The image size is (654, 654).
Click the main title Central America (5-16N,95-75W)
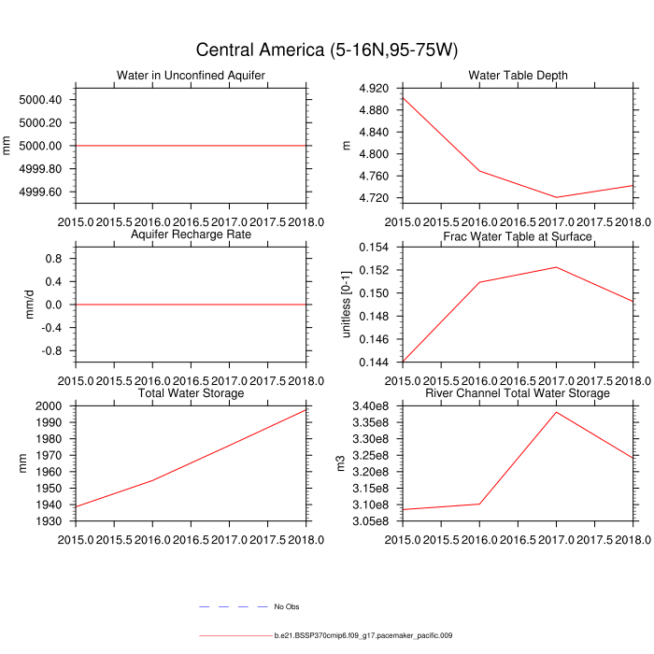click(x=326, y=50)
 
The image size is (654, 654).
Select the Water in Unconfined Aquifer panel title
click(x=191, y=76)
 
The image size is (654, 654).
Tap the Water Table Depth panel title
click(x=519, y=76)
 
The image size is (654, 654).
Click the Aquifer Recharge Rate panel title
click(x=191, y=235)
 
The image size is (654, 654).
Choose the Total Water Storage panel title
click(x=191, y=393)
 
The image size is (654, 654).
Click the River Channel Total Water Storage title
click(x=518, y=393)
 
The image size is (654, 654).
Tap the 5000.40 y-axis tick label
click(x=40, y=100)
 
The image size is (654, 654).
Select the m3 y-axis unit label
click(x=341, y=462)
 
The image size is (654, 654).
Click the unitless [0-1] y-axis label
click(x=346, y=304)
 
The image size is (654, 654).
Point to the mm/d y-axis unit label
click(x=29, y=304)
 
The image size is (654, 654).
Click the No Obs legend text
click(x=286, y=607)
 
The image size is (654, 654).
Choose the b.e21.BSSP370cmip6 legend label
click(x=363, y=636)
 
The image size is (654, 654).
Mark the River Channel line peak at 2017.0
click(x=556, y=412)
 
